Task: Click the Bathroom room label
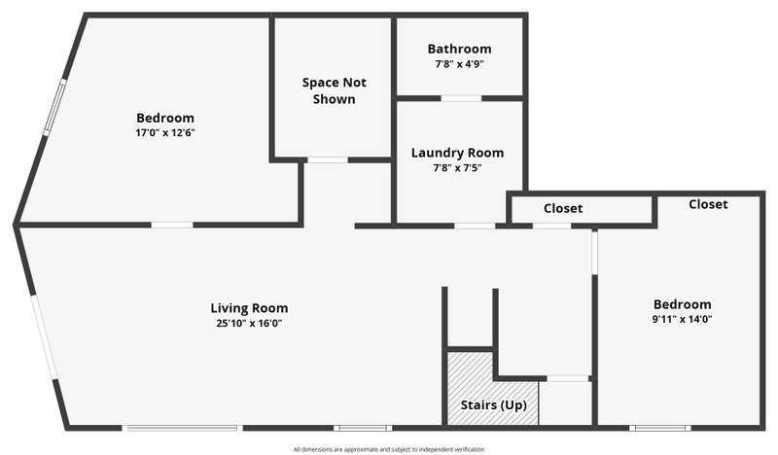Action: [x=459, y=49]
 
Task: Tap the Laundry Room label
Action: [x=457, y=153]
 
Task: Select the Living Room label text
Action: [x=249, y=308]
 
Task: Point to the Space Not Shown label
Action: [x=335, y=90]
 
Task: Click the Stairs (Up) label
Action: [x=494, y=404]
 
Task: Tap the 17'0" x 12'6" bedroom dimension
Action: [x=165, y=133]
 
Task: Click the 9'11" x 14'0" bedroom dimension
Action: [x=683, y=319]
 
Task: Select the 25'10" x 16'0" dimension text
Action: [x=249, y=324]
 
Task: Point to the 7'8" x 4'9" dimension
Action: [x=459, y=64]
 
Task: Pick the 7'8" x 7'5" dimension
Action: [x=457, y=168]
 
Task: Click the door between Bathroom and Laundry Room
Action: [x=461, y=99]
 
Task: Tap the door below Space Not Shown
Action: [x=327, y=159]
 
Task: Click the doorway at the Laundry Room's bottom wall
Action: [x=475, y=226]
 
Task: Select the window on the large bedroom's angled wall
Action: [x=54, y=107]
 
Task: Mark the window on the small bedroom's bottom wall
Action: [x=660, y=427]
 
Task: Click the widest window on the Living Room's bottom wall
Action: [x=183, y=427]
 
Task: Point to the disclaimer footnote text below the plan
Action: [x=389, y=449]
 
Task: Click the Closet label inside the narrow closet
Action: [x=563, y=208]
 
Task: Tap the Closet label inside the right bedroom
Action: [x=709, y=204]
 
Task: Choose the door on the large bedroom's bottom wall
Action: [x=172, y=225]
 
